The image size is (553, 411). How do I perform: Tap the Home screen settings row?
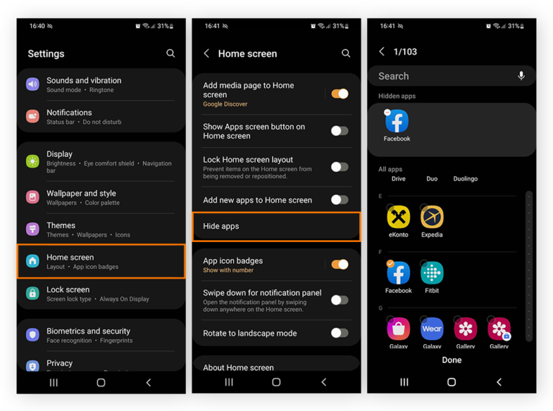(x=101, y=261)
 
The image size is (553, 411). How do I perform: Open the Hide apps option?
(x=276, y=226)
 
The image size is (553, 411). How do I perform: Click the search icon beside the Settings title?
(x=171, y=53)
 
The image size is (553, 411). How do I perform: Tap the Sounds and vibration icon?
(x=32, y=84)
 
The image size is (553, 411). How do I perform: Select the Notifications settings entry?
(x=101, y=117)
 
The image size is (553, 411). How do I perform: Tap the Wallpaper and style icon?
(x=32, y=197)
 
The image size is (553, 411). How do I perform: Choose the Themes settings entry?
(x=101, y=230)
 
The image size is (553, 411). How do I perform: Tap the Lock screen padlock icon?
(x=32, y=293)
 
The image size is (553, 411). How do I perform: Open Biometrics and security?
(x=101, y=335)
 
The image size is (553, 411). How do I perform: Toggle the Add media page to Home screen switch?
(x=339, y=94)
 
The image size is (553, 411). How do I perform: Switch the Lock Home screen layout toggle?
(x=339, y=167)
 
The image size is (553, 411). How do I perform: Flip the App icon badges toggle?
(x=339, y=265)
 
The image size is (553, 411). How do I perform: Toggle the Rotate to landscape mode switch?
(x=339, y=333)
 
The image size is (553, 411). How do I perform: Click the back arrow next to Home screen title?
(x=207, y=53)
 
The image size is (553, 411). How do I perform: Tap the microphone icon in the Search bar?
(x=521, y=76)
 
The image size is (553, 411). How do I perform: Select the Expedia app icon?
(x=432, y=217)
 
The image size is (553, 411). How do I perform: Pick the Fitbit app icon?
(x=432, y=273)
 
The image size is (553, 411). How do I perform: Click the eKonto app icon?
(x=398, y=217)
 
